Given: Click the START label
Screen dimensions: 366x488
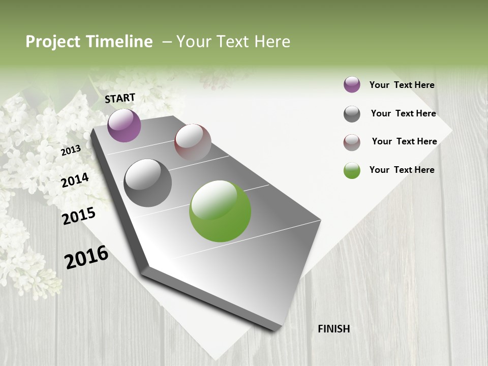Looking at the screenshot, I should (x=120, y=98).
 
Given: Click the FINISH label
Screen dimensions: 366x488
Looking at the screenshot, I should (x=333, y=329).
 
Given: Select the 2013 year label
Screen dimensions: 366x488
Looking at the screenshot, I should (x=71, y=150).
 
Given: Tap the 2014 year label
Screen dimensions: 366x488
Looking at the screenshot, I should (x=75, y=180).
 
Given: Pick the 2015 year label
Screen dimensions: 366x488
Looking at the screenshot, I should (x=79, y=216).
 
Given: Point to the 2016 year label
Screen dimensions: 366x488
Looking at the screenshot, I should (x=86, y=257).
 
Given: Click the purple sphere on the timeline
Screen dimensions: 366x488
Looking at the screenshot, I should (x=124, y=126).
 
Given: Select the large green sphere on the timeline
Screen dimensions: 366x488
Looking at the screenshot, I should (x=220, y=211).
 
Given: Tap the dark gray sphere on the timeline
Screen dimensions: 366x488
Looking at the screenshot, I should (x=147, y=183).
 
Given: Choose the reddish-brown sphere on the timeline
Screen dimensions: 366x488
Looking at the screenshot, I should (x=193, y=142).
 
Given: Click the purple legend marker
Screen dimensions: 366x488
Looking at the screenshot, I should (x=352, y=85).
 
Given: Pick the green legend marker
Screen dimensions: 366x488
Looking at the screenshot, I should (x=352, y=170).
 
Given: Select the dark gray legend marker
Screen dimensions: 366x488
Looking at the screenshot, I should (x=352, y=114).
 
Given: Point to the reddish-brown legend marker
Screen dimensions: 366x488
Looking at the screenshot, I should (x=352, y=142).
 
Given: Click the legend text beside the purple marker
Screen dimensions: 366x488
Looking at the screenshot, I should (x=402, y=85).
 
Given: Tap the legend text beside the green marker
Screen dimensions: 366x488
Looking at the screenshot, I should (x=402, y=170).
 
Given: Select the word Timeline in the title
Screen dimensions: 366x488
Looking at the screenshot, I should (x=119, y=42).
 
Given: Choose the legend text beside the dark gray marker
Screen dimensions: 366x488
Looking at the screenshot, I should (x=403, y=113).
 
